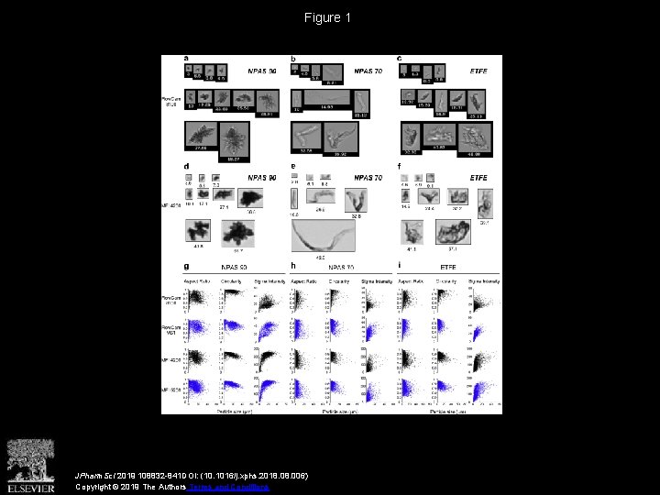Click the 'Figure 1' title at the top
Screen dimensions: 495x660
pyautogui.click(x=328, y=17)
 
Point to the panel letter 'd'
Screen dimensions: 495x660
pyautogui.click(x=187, y=166)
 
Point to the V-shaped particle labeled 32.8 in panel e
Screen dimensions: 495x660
pyautogui.click(x=354, y=201)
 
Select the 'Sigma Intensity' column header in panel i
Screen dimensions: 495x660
pyautogui.click(x=483, y=280)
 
